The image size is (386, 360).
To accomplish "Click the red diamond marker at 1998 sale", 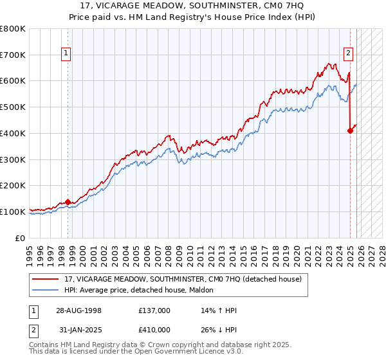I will pos(68,202).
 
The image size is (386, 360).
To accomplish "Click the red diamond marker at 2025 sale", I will pos(350,130).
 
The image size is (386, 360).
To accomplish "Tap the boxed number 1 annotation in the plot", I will pos(66,54).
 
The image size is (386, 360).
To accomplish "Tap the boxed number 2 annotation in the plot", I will pos(348,54).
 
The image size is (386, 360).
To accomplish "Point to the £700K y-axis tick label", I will pos(13,55).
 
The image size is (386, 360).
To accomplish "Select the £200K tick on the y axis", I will pos(13,185).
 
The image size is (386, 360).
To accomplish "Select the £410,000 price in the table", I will pos(154,330).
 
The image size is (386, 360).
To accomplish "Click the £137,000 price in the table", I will pos(154,310).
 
